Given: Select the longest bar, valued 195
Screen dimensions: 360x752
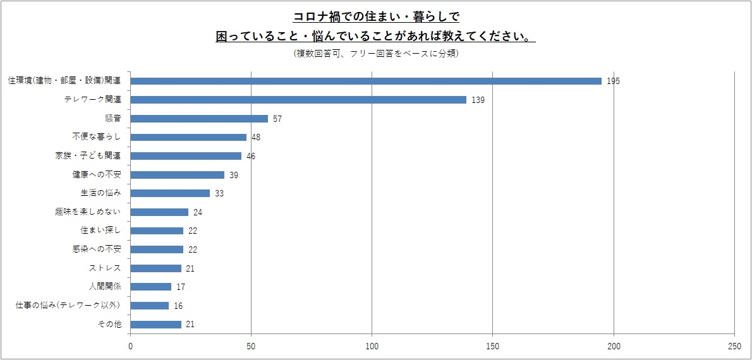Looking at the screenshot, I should [366, 81].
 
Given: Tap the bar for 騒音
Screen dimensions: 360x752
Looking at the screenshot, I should [199, 119].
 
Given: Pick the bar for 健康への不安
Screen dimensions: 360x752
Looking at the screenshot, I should [178, 175].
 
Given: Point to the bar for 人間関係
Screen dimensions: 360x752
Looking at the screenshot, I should [151, 287].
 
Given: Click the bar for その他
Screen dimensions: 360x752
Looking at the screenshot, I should [156, 324].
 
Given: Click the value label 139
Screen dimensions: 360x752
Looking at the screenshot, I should [478, 100].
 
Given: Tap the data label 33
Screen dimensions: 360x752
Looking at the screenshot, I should [219, 193].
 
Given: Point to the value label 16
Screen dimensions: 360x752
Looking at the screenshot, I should [178, 306].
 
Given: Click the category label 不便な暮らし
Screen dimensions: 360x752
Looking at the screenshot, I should [97, 137].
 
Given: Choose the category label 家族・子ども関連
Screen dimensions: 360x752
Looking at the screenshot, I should [88, 156].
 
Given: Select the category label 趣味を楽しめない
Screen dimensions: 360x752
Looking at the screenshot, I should [88, 212].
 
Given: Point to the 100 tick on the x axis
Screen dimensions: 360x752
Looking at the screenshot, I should [372, 346].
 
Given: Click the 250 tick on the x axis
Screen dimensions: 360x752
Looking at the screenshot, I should [734, 346].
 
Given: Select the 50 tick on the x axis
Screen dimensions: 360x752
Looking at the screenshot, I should [252, 346].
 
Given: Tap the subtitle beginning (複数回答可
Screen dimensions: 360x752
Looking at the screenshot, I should [376, 54].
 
